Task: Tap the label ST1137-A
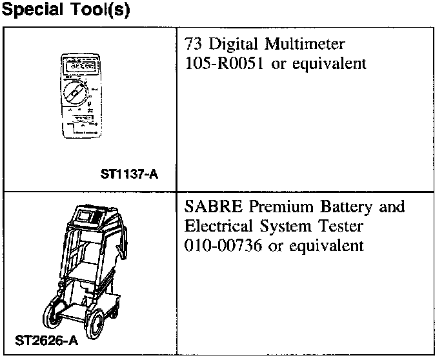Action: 129,174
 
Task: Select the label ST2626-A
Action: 46,340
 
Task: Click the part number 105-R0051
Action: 225,65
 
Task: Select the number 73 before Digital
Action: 193,45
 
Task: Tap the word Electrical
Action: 219,226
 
